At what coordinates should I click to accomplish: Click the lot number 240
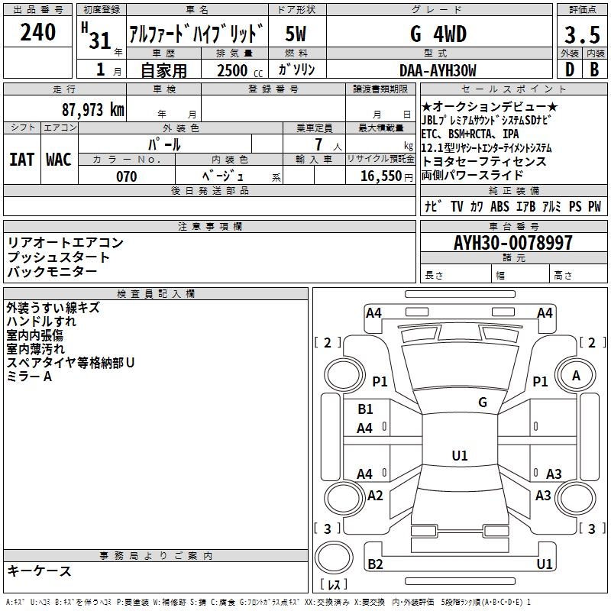click(x=37, y=34)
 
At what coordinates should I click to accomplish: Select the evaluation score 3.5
click(x=581, y=36)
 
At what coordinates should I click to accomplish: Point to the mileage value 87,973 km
click(x=92, y=110)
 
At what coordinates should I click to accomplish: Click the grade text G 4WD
click(x=438, y=34)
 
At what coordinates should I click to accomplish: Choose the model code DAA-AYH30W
click(x=438, y=71)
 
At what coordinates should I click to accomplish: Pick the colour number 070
click(x=126, y=176)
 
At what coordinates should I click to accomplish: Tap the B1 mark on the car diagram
click(x=365, y=409)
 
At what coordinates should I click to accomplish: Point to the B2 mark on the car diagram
click(x=375, y=564)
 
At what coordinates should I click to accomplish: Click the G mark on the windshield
click(x=482, y=402)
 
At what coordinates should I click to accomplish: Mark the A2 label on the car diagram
click(x=375, y=496)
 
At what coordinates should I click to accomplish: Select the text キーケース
click(x=39, y=571)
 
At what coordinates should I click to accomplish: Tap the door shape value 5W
click(x=297, y=34)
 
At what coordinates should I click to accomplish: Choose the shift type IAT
click(x=21, y=159)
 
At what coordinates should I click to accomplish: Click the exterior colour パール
click(x=163, y=144)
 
